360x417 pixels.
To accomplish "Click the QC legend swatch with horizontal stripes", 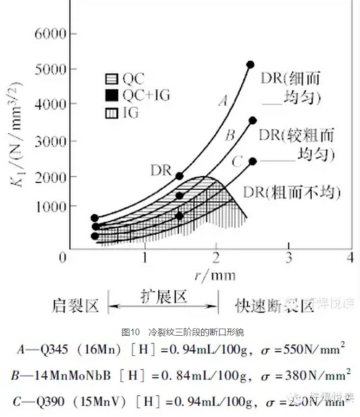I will click(112, 79).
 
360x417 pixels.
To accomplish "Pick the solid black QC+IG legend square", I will click(112, 95).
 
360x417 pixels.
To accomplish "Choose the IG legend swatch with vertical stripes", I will click(112, 113).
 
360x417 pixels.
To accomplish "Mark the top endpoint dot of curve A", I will click(250, 65).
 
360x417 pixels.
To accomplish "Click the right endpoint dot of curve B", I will click(252, 120).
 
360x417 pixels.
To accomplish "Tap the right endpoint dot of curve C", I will click(252, 161).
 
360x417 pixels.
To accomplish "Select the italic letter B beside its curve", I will click(229, 135).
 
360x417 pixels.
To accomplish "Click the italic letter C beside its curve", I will click(236, 162).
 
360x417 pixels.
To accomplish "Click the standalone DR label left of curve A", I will click(161, 170).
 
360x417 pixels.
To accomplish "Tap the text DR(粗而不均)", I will click(292, 192).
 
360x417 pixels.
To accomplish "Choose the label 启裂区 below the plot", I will click(76, 306).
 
